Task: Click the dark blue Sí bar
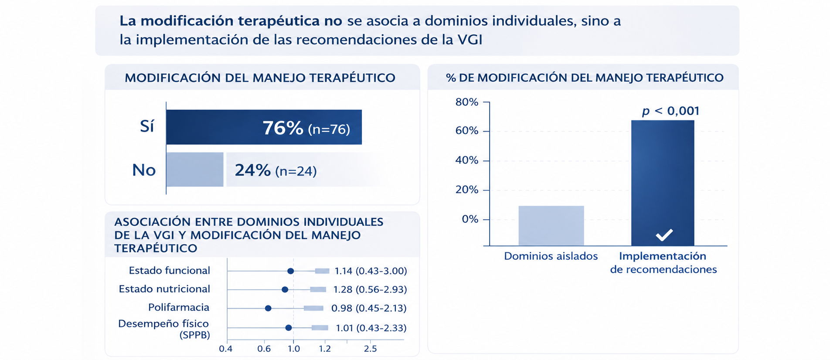[x=264, y=127]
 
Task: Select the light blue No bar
[x=195, y=170]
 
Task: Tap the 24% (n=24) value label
[x=276, y=170]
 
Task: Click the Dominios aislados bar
[x=551, y=226]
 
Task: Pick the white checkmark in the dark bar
[x=664, y=235]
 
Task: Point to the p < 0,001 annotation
[x=670, y=111]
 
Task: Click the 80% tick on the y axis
[x=467, y=102]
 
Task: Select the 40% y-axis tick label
[x=467, y=160]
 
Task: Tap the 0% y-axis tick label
[x=470, y=219]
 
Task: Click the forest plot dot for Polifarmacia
[x=268, y=308]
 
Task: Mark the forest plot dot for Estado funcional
[x=291, y=271]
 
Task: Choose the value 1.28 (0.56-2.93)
[x=370, y=289]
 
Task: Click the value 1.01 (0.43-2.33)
[x=371, y=328]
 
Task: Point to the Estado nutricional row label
[x=164, y=289]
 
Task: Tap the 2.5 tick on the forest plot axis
[x=370, y=349]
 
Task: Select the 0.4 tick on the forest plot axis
[x=226, y=349]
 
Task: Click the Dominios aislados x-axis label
[x=551, y=256]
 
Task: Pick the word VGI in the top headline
[x=470, y=40]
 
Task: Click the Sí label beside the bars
[x=147, y=126]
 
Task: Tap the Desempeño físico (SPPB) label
[x=164, y=329]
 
